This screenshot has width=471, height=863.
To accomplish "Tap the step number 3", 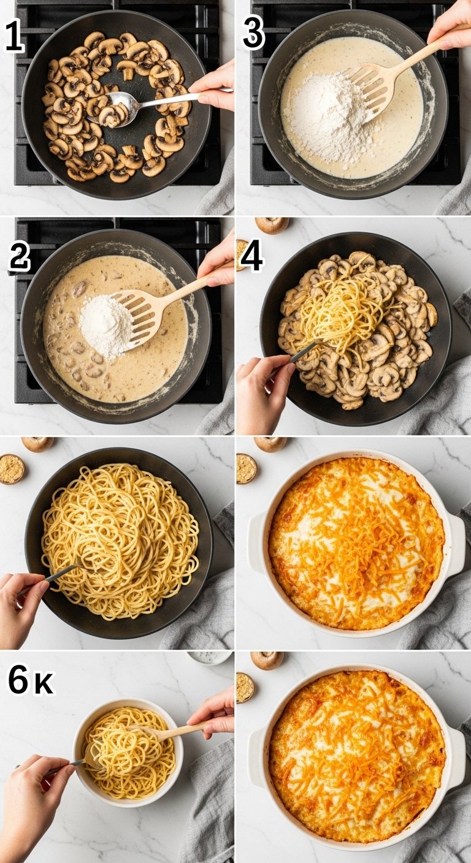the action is pos(254,34).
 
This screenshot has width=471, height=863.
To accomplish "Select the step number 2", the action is pos(20,258).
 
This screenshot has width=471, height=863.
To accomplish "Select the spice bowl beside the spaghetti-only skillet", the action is pos(11,469).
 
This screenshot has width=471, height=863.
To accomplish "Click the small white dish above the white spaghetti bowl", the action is pos(209,657).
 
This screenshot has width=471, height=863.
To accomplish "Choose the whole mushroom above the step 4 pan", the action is pos(272,225).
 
